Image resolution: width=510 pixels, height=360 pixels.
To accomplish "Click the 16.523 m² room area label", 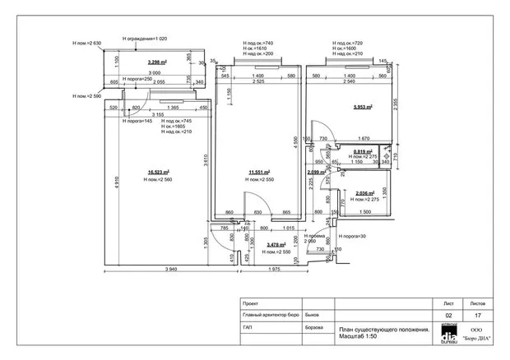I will [x=158, y=172].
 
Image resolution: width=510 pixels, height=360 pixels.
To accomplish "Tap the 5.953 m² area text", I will [x=362, y=107].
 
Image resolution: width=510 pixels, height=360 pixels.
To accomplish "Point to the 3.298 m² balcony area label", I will [x=158, y=62].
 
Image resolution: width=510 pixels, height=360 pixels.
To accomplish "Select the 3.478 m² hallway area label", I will [x=276, y=244].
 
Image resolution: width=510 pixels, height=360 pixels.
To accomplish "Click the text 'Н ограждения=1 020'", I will [x=144, y=38].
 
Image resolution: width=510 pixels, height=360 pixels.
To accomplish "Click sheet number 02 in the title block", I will [x=448, y=315].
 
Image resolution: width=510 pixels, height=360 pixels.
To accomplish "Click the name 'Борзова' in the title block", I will [x=313, y=326].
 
